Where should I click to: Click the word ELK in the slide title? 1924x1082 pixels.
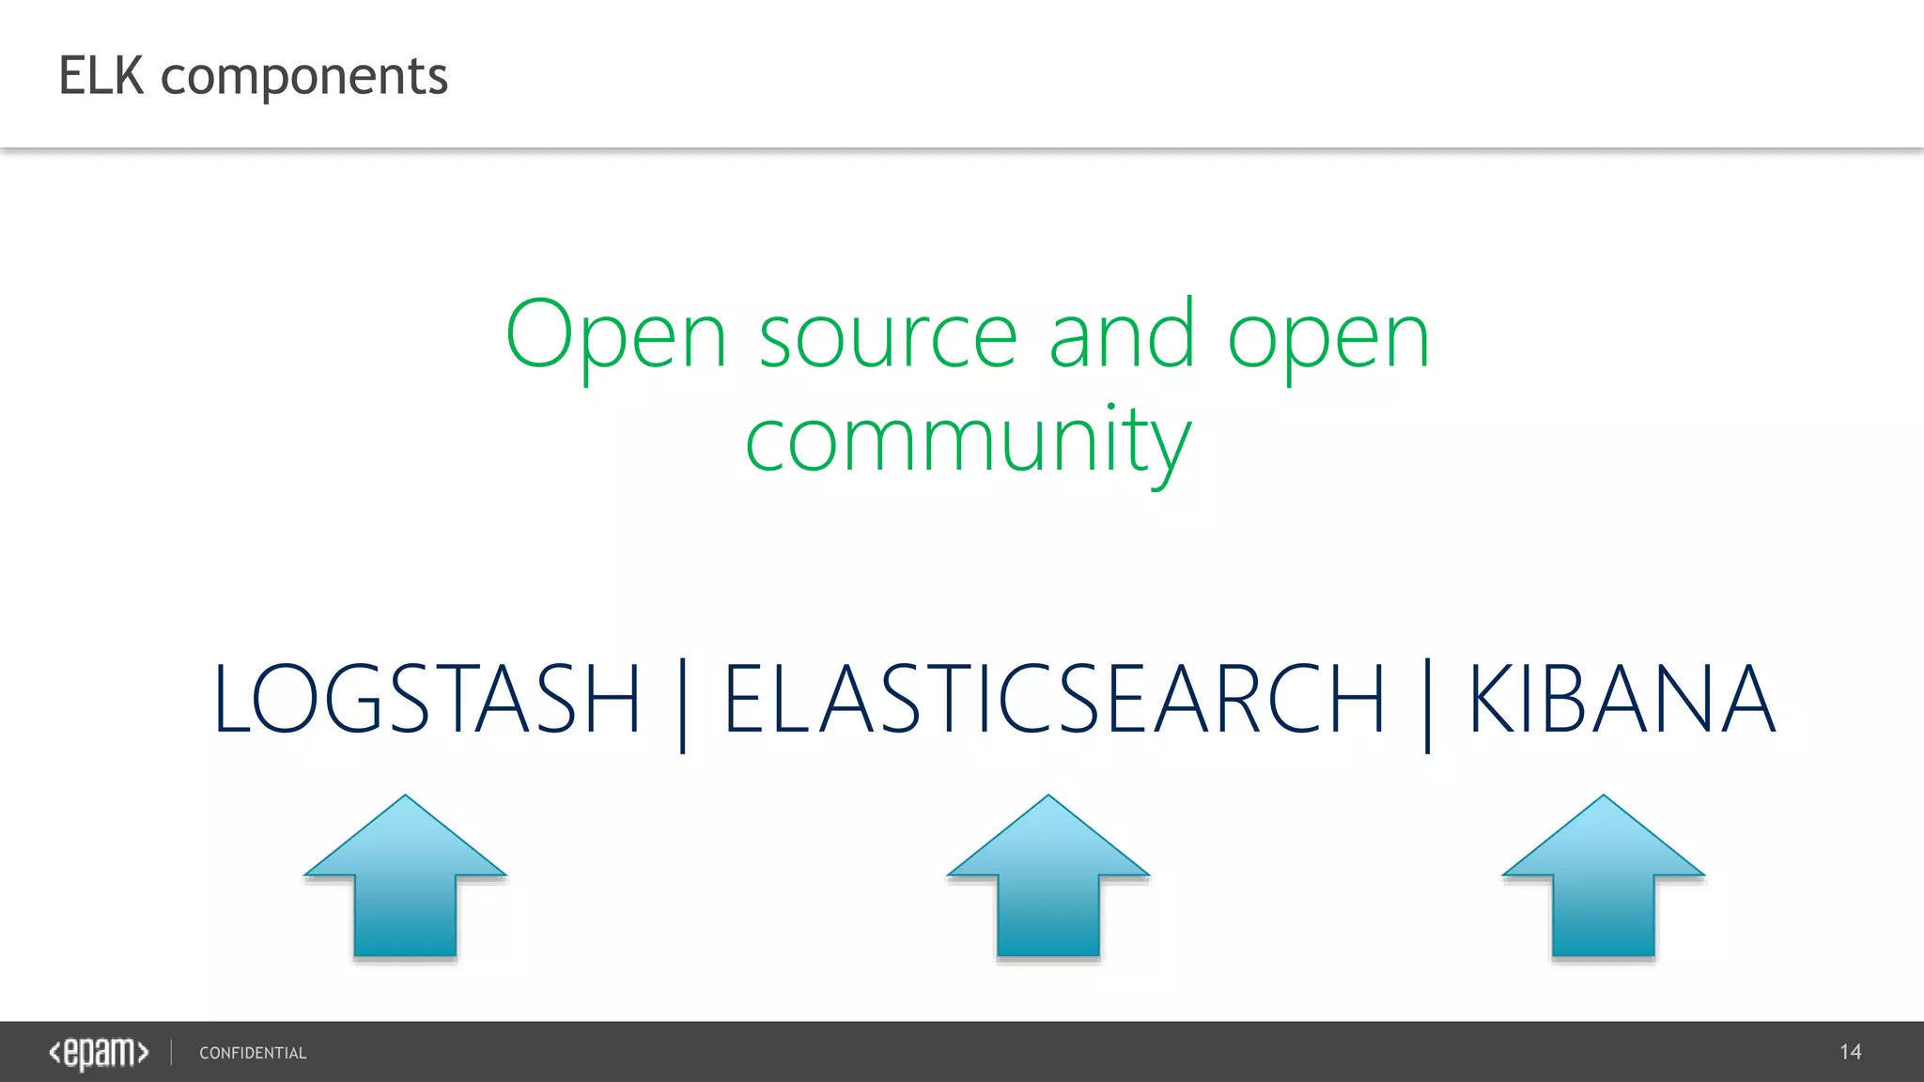point(101,76)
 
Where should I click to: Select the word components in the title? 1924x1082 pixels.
point(304,78)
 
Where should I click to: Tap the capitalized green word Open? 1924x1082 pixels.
point(616,336)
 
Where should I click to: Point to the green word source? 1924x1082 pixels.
point(888,338)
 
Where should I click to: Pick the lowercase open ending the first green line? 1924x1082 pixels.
point(1328,340)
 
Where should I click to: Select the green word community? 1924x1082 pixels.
point(968,441)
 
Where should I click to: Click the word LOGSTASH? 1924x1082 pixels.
point(427,699)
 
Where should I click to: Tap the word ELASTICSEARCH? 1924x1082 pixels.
point(1054,699)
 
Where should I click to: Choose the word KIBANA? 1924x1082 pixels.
point(1622,699)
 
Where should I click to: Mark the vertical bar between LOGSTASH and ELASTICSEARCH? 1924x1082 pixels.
point(683,704)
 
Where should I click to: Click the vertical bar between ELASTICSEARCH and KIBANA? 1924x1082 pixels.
point(1428,704)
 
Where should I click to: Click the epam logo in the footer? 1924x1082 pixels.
point(99,1053)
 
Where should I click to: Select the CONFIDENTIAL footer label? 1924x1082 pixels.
point(253,1053)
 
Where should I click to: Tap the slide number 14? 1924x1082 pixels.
point(1850,1052)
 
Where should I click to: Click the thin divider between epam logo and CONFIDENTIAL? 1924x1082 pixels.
point(172,1052)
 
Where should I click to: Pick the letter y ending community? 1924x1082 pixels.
point(1171,449)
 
